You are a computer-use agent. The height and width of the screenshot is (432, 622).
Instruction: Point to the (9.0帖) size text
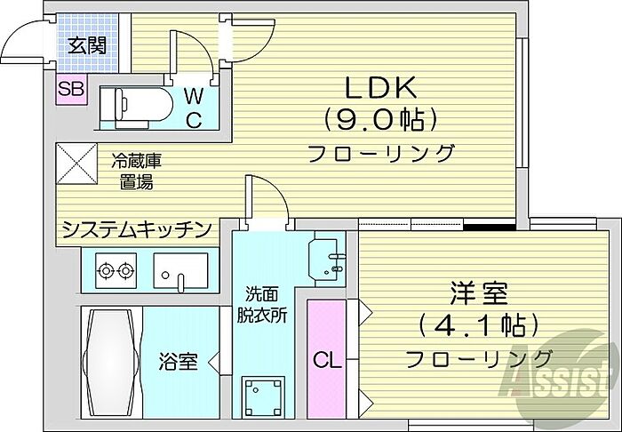[381, 118]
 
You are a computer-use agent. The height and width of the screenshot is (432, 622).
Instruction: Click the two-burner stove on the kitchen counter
[112, 270]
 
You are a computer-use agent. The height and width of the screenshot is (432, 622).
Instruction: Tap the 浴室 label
[177, 362]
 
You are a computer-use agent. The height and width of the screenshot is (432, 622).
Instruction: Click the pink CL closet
[325, 359]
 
